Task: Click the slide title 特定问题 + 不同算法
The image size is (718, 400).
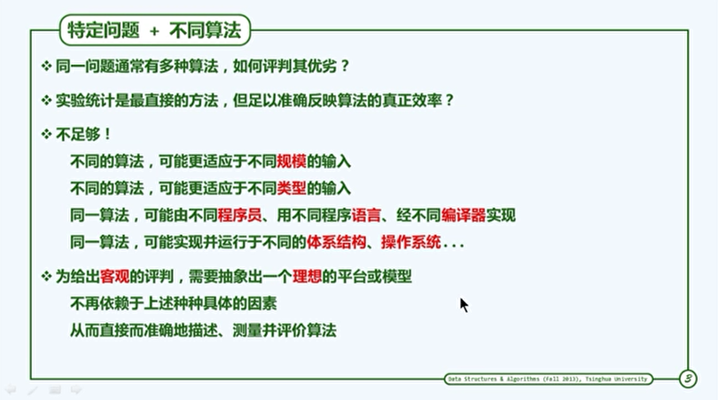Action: [154, 30]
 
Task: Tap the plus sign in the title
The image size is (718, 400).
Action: [154, 31]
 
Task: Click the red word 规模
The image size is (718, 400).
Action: [292, 161]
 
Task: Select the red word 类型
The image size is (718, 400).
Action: [292, 188]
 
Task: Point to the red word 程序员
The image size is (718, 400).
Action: [239, 215]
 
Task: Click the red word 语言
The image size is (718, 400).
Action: [366, 215]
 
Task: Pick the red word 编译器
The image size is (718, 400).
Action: [464, 215]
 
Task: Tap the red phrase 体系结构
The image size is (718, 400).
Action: [336, 241]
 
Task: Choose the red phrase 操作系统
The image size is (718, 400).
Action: [410, 241]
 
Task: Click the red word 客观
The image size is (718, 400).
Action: [114, 277]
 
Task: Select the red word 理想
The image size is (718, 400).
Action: [307, 277]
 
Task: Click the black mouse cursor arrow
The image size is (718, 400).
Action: [464, 305]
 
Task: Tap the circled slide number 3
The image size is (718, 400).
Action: [688, 379]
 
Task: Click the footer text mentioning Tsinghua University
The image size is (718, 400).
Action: [548, 379]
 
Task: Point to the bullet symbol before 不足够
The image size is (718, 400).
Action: [46, 134]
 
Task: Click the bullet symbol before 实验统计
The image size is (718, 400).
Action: [46, 100]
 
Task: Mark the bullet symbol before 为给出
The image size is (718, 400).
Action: [46, 277]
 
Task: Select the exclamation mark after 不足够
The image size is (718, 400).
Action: [107, 134]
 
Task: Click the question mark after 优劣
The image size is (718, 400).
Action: [345, 66]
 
